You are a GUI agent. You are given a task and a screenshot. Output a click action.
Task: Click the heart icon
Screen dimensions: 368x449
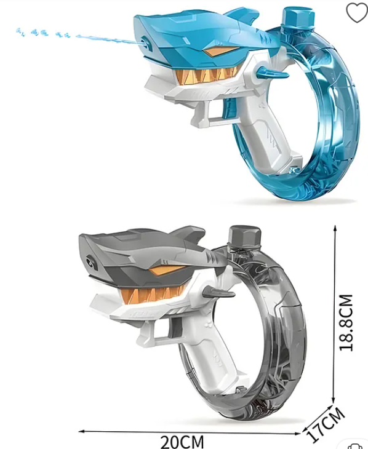click(356, 12)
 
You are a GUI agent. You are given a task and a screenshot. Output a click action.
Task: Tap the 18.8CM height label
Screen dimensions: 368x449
click(346, 322)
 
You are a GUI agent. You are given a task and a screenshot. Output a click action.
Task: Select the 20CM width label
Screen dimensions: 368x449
click(182, 441)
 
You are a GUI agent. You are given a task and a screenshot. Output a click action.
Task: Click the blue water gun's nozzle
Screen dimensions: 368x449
click(145, 42)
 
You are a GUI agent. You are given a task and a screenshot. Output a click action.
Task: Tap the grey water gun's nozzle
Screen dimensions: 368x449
click(92, 262)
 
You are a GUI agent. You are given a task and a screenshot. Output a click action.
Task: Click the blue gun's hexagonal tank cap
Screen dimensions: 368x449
click(298, 17)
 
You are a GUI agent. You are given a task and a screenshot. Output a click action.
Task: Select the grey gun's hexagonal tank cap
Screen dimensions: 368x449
click(245, 236)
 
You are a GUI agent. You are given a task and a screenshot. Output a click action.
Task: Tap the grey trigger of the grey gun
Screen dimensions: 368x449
click(175, 327)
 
